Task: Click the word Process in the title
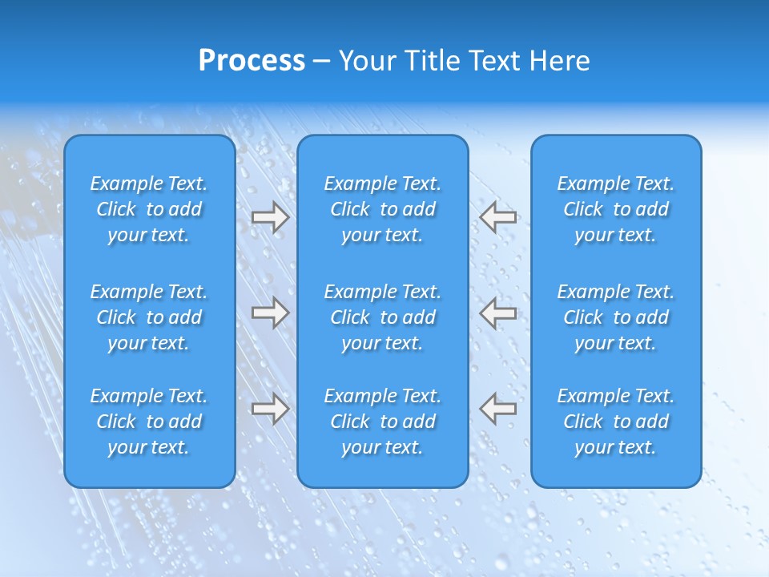[x=252, y=61]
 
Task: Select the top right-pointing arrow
[x=270, y=218]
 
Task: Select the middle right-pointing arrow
[x=270, y=313]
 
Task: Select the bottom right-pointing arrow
[x=270, y=409]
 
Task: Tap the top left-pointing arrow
[x=498, y=217]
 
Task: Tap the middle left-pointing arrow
[x=498, y=313]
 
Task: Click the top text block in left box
[x=149, y=209]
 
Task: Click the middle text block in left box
[x=149, y=317]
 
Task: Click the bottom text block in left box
[x=149, y=422]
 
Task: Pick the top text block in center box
[x=383, y=209]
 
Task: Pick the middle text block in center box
[x=383, y=317]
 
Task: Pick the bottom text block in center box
[x=383, y=422]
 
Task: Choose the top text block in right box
[x=616, y=209]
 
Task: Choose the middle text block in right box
[x=616, y=317]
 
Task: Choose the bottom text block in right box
[x=616, y=422]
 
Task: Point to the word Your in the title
[x=366, y=61]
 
